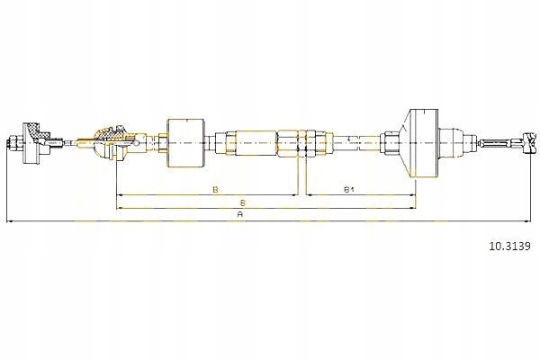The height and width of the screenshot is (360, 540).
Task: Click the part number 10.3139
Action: [509, 246]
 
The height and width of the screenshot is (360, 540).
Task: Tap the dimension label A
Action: [240, 214]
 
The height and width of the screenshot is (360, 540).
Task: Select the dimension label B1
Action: [349, 189]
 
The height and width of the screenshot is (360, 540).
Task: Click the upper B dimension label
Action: [215, 189]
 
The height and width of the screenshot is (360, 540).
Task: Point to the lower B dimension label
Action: [243, 202]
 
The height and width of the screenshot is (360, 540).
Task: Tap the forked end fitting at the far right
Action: [530, 142]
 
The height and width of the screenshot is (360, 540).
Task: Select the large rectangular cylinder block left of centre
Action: [186, 143]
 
